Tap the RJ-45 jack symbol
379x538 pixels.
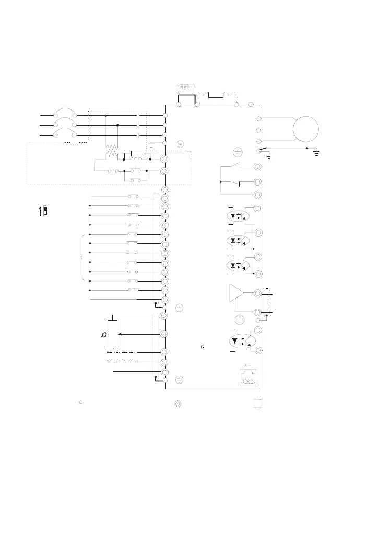click(248, 377)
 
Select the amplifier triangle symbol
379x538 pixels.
click(236, 293)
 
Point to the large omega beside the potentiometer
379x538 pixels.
click(104, 335)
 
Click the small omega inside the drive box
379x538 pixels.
click(203, 347)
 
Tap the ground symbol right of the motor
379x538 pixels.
click(316, 153)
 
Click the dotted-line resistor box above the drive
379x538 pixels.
click(216, 95)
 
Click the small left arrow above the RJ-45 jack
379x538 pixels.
click(247, 365)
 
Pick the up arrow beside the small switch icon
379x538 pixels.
click(41, 211)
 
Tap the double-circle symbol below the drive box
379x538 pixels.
click(177, 404)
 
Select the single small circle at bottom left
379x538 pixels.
click(81, 402)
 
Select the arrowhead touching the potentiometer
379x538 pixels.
click(120, 334)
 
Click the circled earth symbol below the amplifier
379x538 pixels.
click(240, 320)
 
